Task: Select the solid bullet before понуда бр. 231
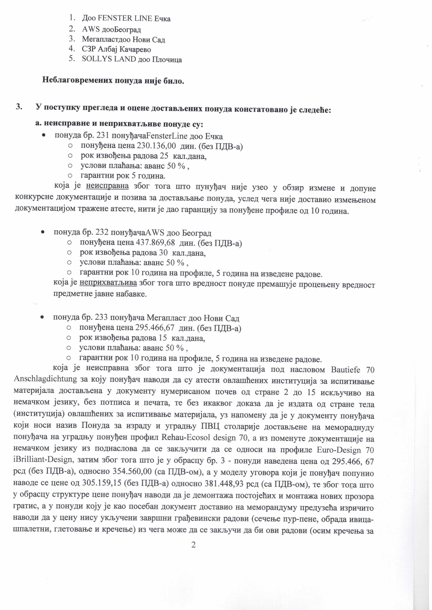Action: [43, 136]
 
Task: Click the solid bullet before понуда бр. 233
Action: [42, 318]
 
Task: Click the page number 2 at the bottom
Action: [193, 545]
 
